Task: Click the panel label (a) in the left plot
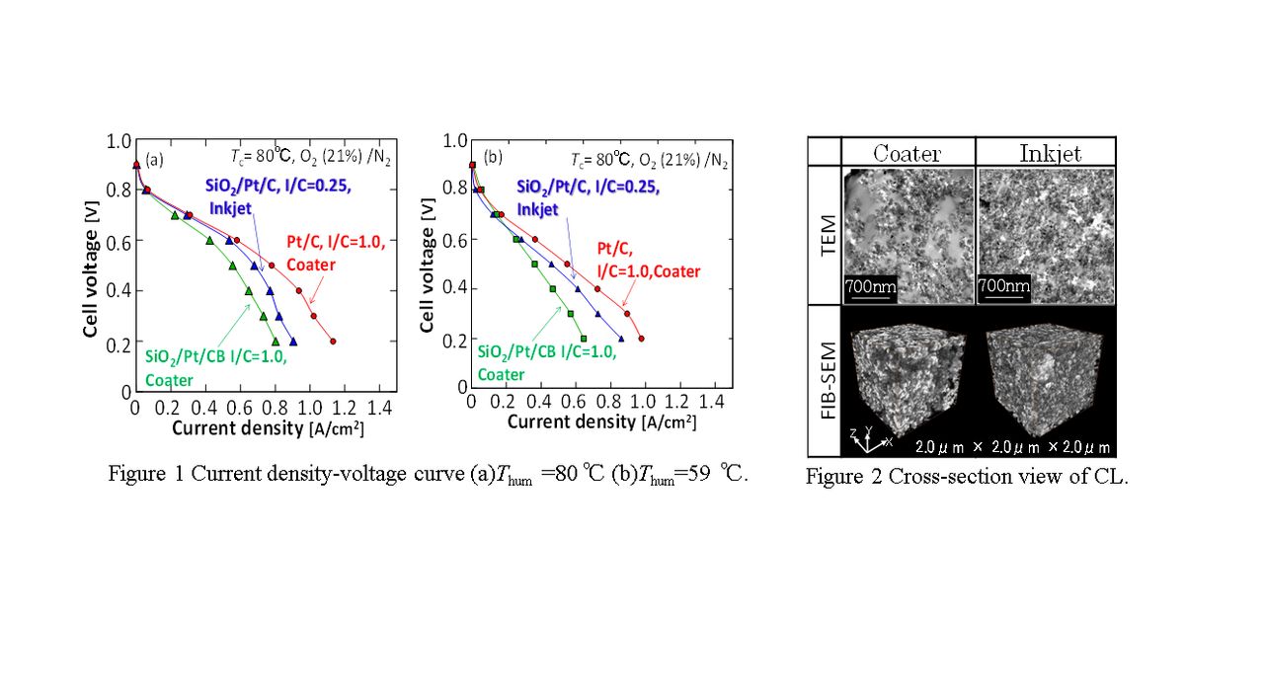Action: (154, 159)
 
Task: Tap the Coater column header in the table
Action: (907, 153)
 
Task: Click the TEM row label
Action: (824, 235)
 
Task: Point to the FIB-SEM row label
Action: (824, 380)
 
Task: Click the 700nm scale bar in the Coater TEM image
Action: (869, 288)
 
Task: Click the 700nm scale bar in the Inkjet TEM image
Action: (1003, 288)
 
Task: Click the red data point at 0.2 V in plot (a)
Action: (333, 342)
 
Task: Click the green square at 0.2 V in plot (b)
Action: (584, 339)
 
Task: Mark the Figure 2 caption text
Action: (966, 477)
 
